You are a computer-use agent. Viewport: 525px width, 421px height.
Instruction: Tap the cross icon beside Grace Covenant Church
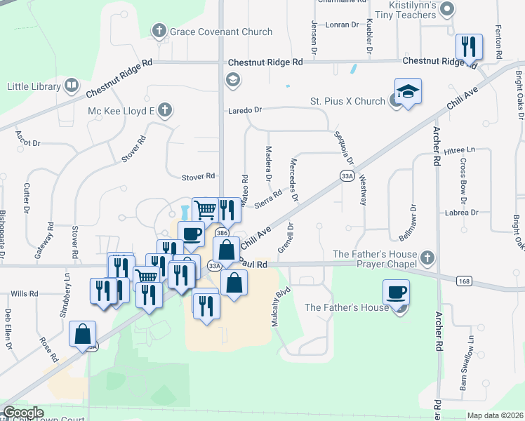point(159,31)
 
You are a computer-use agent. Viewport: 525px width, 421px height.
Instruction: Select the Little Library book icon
point(71,86)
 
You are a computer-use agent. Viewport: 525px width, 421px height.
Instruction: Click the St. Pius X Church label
point(347,101)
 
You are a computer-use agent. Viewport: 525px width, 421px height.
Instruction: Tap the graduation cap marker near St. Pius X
point(406,92)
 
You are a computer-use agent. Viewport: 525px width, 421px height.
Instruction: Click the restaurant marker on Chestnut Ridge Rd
point(467,47)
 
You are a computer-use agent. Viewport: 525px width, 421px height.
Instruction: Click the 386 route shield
point(222,232)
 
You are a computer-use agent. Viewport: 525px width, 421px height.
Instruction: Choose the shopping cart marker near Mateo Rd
point(204,209)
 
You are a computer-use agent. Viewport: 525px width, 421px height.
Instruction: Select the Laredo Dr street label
point(244,110)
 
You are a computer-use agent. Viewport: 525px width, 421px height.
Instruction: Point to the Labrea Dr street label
point(460,212)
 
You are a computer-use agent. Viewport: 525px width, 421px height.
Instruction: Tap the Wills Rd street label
point(24,294)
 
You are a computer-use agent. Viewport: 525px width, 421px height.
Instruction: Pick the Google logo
point(22,413)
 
